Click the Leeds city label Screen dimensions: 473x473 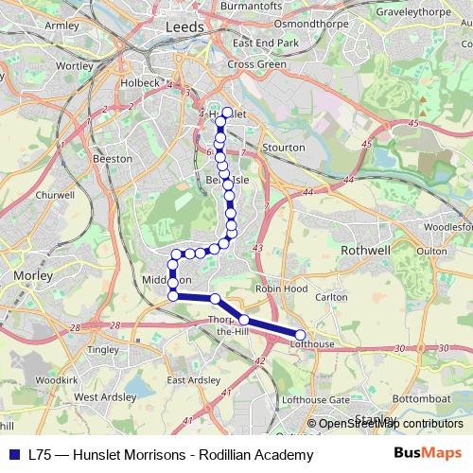coord(184,27)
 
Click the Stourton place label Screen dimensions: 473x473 coord(285,148)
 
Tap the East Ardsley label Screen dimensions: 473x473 coord(193,379)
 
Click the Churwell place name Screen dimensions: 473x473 coord(47,196)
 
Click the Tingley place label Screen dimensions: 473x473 coord(101,349)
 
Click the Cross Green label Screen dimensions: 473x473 coord(256,63)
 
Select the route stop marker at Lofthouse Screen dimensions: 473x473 coord(301,335)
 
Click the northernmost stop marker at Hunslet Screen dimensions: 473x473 coord(227,112)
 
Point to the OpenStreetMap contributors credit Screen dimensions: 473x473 coord(390,424)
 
